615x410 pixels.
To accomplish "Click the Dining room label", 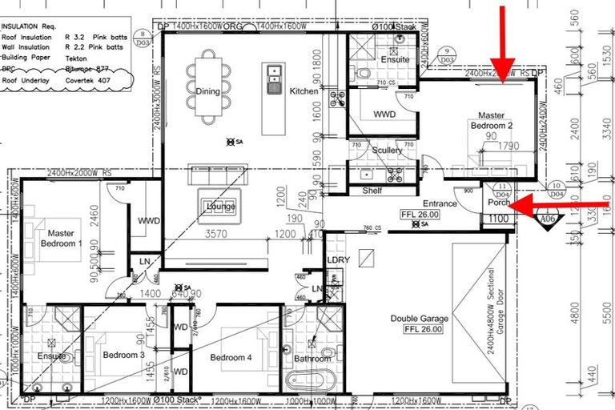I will click(207, 91).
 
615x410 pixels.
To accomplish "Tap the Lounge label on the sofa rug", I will click(221, 207).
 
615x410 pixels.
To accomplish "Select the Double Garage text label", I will click(420, 318).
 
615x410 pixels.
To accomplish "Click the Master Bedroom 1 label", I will click(57, 238).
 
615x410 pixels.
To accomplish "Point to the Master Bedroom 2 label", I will click(492, 121).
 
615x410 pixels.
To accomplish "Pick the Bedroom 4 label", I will click(231, 357).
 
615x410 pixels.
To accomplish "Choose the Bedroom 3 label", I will click(124, 355).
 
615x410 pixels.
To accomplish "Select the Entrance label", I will click(440, 203).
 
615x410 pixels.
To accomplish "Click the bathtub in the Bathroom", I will click(310, 379).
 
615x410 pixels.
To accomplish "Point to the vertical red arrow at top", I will click(504, 40).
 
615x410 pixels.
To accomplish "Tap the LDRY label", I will click(336, 260).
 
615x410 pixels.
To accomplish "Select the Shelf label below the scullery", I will click(372, 191).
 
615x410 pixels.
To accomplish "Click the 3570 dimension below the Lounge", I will click(217, 235).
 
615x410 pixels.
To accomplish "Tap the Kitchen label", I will click(304, 91).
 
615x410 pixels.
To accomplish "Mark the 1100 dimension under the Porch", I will click(497, 219).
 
